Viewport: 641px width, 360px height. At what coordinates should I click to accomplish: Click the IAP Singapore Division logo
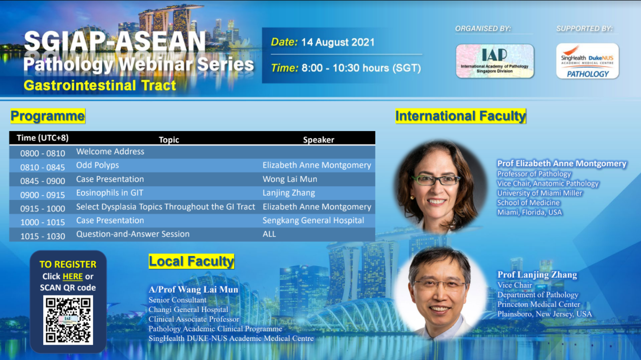point(495,61)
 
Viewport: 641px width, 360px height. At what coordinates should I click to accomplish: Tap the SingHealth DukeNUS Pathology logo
point(587,61)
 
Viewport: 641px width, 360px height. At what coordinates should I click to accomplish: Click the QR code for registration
point(68,320)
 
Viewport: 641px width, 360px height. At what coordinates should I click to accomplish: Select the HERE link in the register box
point(73,276)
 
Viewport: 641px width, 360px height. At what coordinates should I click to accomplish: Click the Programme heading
point(48,116)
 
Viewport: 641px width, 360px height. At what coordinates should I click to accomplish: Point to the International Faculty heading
point(460,116)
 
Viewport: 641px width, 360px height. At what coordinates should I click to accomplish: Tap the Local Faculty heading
point(191,261)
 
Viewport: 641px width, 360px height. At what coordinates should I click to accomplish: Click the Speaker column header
point(318,140)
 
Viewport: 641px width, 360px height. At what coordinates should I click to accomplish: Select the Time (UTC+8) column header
point(43,138)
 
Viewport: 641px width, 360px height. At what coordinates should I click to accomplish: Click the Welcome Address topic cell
point(110,152)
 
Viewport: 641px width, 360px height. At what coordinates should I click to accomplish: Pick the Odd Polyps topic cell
point(97,165)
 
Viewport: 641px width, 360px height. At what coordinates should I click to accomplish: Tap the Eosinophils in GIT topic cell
point(110,193)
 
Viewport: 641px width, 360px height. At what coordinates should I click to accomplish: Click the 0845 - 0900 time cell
point(43,181)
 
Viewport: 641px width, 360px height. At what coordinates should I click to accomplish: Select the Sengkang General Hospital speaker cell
point(313,220)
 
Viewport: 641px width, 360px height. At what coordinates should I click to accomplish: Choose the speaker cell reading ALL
point(269,234)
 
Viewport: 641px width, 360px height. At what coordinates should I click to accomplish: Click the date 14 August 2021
point(338,42)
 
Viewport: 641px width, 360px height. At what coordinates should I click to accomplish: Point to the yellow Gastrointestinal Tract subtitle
point(100,85)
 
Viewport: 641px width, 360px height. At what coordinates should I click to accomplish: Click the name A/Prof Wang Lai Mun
point(193,290)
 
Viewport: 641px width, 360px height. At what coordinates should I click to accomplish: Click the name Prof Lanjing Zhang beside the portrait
point(537,275)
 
